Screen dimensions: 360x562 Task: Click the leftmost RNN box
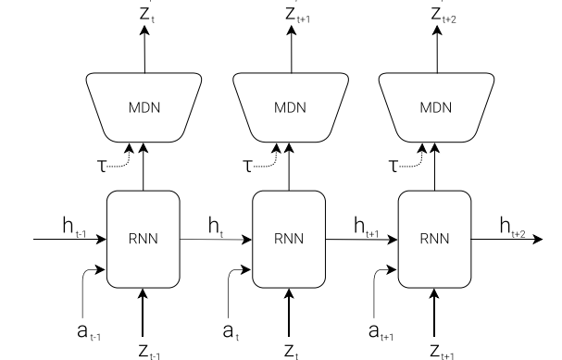(143, 238)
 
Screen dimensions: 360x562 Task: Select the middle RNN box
(289, 238)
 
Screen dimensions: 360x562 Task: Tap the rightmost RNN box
(434, 238)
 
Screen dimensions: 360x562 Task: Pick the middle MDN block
(289, 106)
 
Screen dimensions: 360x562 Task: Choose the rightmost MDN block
(434, 106)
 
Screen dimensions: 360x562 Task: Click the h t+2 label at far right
(513, 226)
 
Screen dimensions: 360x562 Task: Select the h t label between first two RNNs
(215, 226)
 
